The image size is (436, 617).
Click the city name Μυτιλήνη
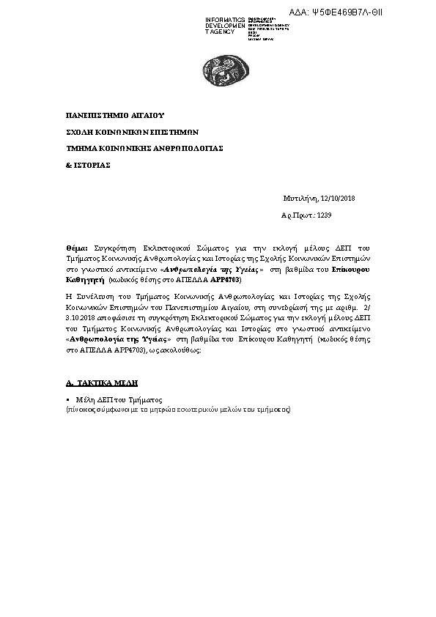point(301,199)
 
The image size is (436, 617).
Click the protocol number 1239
point(324,216)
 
